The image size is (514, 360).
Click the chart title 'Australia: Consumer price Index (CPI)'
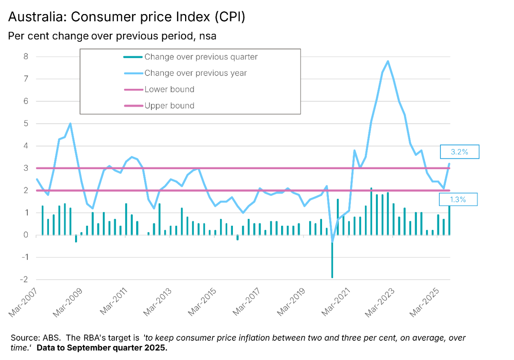[x=126, y=17]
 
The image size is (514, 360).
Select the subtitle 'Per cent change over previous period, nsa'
[x=112, y=36]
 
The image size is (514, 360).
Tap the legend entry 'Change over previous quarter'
[x=201, y=57]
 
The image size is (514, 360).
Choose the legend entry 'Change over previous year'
[x=196, y=73]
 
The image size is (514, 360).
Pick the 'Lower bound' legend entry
[x=169, y=89]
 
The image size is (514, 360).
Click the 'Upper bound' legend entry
[x=169, y=106]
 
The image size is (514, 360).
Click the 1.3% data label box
[x=458, y=200]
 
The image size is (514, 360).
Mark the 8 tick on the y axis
[x=26, y=57]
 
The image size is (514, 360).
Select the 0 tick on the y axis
[x=26, y=235]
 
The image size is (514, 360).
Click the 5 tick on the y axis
[x=26, y=124]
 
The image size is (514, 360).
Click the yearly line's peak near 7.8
[x=388, y=61]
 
